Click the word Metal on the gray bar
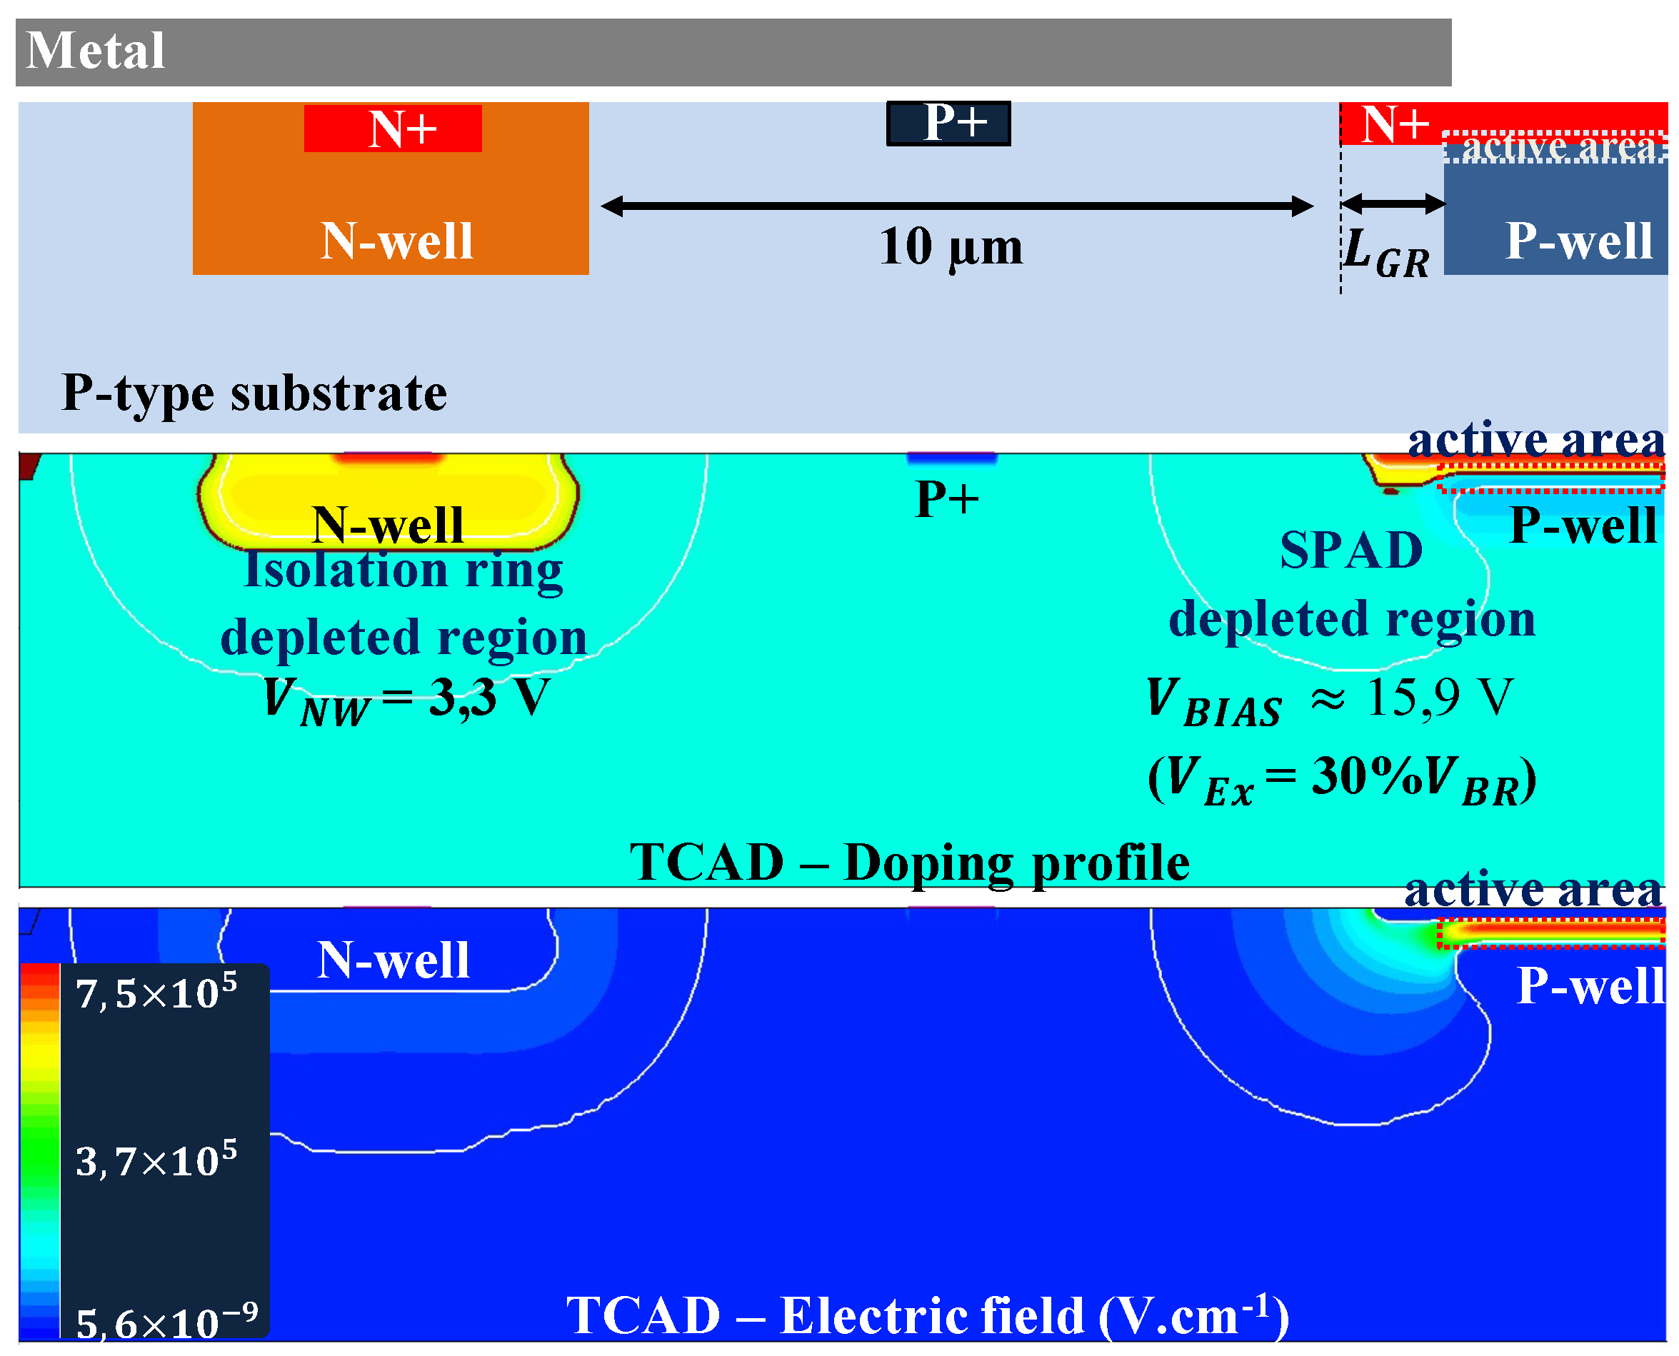pyautogui.click(x=95, y=51)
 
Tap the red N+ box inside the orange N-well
pyautogui.click(x=392, y=128)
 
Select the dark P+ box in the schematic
pyautogui.click(x=948, y=124)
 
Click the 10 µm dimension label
pyautogui.click(x=950, y=247)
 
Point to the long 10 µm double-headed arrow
pyautogui.click(x=957, y=206)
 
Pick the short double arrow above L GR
pyautogui.click(x=1393, y=204)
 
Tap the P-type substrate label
pyautogui.click(x=254, y=393)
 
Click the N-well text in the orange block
pyautogui.click(x=397, y=241)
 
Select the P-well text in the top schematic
pyautogui.click(x=1578, y=241)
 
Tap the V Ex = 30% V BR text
pyautogui.click(x=1341, y=779)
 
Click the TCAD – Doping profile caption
pyautogui.click(x=909, y=863)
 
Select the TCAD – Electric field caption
pyautogui.click(x=928, y=1315)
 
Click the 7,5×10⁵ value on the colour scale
pyautogui.click(x=156, y=992)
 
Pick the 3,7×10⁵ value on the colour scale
pyautogui.click(x=156, y=1159)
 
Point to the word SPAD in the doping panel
pyautogui.click(x=1351, y=550)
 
